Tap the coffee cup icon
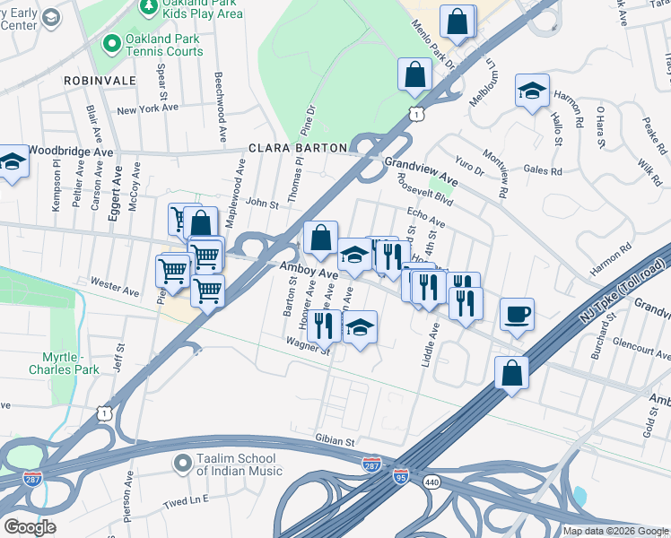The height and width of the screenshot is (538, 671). pos(517,315)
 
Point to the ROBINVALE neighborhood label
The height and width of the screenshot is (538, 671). pos(100,81)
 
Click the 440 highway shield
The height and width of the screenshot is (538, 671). pos(433,482)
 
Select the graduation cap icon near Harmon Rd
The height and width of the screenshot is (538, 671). pos(532,91)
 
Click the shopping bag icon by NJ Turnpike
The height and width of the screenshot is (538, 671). pos(511,372)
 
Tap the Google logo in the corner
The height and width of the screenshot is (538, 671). pos(30,526)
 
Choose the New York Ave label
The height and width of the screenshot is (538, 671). pos(148,109)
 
